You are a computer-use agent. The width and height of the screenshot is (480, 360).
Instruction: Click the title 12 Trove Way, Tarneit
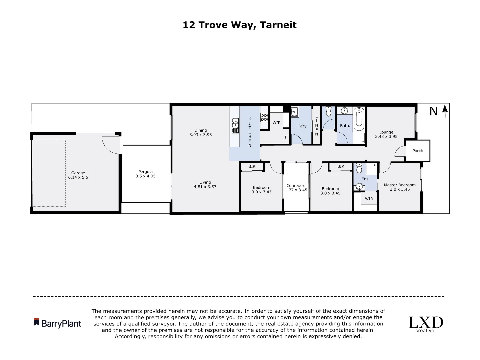(x=239, y=25)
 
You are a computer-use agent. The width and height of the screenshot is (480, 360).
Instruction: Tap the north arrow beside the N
(x=444, y=111)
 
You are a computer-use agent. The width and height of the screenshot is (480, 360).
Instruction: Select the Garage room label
(x=78, y=173)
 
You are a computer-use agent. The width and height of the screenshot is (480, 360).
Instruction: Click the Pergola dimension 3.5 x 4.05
(x=145, y=176)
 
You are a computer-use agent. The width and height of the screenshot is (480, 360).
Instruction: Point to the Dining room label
(x=201, y=130)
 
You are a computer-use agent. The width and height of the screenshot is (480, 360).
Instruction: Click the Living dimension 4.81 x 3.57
(x=205, y=187)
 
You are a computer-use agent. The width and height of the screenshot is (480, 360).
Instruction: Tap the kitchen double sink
(x=235, y=125)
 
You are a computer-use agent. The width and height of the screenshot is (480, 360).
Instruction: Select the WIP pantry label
(x=276, y=123)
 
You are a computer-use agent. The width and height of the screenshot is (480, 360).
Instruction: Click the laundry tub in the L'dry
(x=294, y=112)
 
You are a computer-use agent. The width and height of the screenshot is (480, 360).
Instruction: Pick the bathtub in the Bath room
(x=359, y=119)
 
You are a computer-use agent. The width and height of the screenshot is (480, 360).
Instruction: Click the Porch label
(x=418, y=151)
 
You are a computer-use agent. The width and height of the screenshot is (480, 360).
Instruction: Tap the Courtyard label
(x=296, y=186)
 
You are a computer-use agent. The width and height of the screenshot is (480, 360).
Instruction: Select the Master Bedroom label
(x=400, y=185)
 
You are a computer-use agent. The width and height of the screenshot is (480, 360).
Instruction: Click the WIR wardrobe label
(x=369, y=199)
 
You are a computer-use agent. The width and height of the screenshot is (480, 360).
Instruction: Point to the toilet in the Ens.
(x=359, y=169)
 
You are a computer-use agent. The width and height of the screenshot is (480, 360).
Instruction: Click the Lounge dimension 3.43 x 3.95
(x=386, y=136)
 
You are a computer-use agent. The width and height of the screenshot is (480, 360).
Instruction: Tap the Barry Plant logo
(x=58, y=323)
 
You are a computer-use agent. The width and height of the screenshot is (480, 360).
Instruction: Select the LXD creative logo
(x=426, y=324)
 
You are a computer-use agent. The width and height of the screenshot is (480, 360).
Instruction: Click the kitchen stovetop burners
(x=264, y=117)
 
